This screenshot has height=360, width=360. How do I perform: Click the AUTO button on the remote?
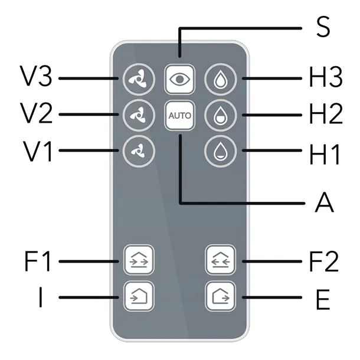coord(179,115)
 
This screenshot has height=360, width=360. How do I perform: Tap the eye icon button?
coord(179,79)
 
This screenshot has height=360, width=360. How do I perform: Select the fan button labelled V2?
coord(135,115)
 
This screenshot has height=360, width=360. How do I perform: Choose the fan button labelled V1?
coord(135,151)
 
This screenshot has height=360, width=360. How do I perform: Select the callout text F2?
coord(324,260)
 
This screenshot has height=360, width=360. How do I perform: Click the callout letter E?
coord(323,299)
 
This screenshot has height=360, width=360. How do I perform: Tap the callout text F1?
coord(37,260)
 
